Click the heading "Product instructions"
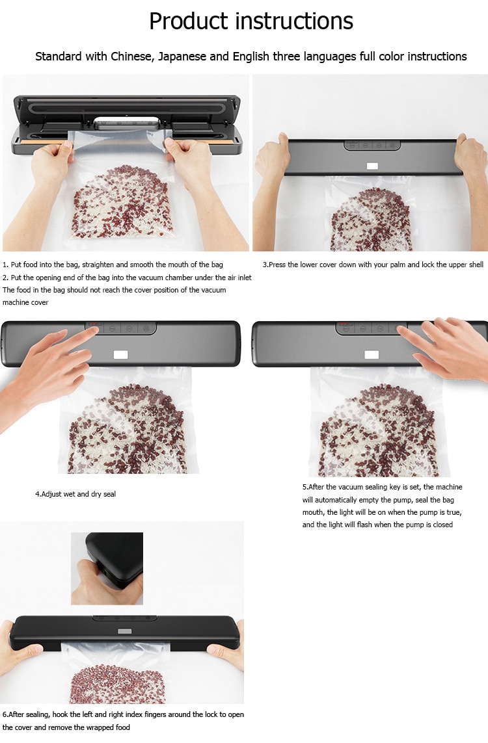tap(251, 21)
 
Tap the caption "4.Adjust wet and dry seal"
tap(75, 494)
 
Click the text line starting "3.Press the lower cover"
tap(373, 265)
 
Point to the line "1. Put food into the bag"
tap(113, 265)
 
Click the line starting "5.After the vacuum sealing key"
tap(383, 487)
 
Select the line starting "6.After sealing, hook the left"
tap(123, 714)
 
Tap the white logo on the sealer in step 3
tap(372, 166)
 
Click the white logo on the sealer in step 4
tap(120, 355)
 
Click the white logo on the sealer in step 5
tap(372, 355)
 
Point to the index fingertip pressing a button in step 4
tap(95, 330)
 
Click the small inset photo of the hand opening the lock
tap(107, 569)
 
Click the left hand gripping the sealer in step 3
tap(273, 159)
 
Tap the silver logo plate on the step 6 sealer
tap(124, 631)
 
